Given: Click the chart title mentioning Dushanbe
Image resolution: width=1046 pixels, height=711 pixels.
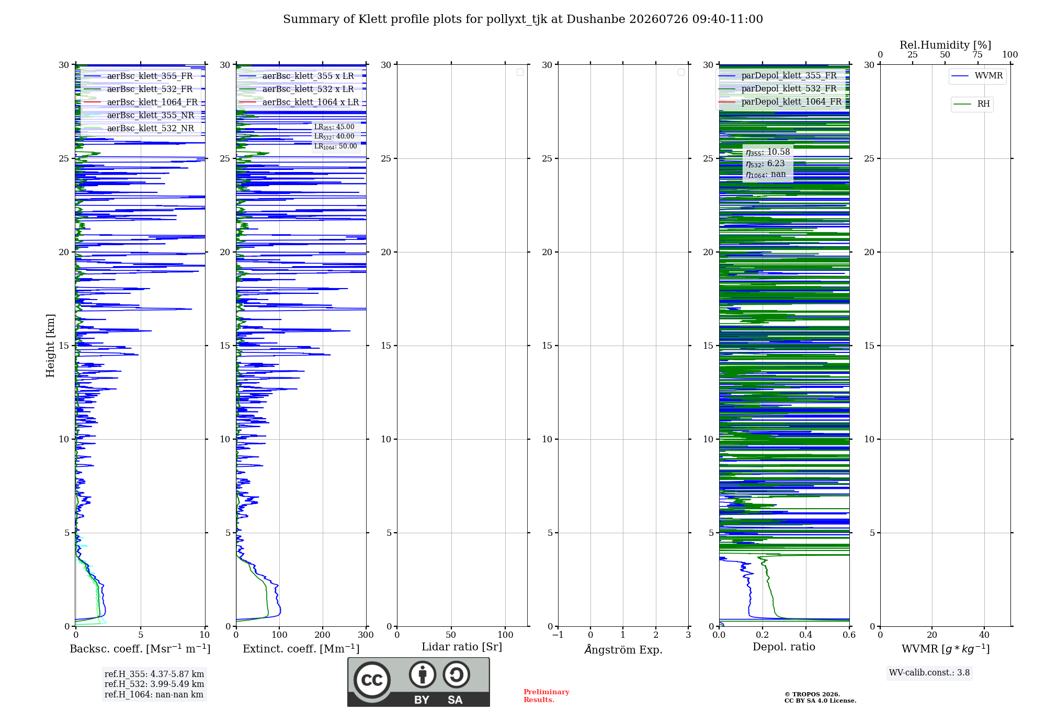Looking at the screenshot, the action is [523, 19].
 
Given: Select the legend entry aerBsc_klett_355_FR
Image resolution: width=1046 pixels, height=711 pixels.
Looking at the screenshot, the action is [138, 76].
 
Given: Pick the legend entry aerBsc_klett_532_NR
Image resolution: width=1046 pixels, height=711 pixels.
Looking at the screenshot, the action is [138, 129].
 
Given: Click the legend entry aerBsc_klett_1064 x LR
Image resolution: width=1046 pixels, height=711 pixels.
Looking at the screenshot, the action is [299, 102].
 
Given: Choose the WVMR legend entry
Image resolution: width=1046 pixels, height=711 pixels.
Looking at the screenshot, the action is [977, 76].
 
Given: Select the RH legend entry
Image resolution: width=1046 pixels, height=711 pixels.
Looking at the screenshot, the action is [972, 104].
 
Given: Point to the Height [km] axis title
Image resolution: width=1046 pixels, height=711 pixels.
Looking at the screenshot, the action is [50, 346].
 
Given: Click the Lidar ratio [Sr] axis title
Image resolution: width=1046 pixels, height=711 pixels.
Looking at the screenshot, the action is [462, 647].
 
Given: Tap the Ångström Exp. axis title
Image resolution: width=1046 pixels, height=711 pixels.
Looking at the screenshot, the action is [623, 649].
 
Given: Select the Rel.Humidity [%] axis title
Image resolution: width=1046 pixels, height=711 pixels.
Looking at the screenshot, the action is [946, 45].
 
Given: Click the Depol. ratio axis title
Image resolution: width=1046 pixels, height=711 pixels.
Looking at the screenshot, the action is [784, 647].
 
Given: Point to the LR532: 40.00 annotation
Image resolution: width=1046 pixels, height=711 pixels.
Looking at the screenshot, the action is [334, 136].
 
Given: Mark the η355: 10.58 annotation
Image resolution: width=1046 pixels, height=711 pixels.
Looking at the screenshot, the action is [768, 152].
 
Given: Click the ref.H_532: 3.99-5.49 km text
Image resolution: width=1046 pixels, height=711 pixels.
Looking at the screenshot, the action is [154, 684].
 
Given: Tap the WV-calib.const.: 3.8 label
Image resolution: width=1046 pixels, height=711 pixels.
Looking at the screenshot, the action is [929, 673].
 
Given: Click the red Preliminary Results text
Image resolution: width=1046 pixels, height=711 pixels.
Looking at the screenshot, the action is [547, 696].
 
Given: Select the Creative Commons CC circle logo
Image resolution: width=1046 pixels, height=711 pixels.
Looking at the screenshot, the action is [372, 680].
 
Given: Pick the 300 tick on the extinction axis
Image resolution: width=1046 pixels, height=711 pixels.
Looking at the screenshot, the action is [366, 635].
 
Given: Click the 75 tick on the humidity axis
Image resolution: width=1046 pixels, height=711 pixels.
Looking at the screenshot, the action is [977, 55].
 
